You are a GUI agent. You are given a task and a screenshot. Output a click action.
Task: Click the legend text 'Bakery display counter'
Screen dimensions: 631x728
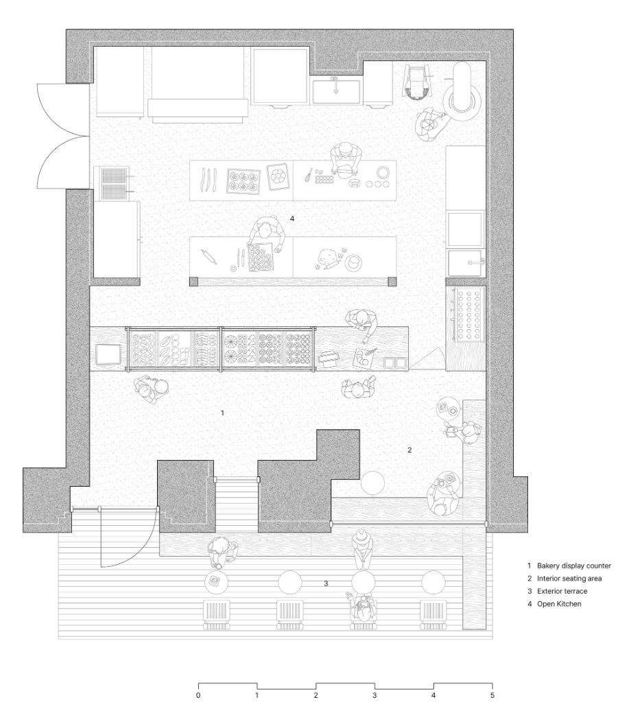574,566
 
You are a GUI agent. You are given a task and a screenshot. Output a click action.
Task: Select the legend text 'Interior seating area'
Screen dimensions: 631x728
569,579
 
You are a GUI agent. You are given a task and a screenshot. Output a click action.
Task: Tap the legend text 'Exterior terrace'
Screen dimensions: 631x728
562,591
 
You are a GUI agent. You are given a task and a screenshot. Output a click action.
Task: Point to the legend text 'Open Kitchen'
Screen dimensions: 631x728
559,604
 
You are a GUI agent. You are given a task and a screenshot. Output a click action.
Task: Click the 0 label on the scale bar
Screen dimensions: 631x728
198,695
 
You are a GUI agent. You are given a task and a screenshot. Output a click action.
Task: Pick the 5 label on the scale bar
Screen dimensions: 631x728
492,695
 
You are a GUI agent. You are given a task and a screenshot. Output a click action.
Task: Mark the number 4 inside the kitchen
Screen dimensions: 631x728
291,218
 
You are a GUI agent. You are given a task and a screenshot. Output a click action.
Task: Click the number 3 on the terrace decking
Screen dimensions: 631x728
326,583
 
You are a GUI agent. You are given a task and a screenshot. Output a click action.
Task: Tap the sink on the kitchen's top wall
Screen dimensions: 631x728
335,91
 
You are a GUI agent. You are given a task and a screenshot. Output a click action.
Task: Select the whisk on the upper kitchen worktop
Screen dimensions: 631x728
309,175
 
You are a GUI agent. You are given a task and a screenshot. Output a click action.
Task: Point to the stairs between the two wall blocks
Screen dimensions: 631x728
237,505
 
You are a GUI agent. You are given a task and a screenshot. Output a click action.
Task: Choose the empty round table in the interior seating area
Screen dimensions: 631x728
373,483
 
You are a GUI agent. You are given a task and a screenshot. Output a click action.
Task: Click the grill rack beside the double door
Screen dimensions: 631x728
114,183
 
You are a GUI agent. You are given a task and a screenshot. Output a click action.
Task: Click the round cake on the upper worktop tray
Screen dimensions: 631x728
279,175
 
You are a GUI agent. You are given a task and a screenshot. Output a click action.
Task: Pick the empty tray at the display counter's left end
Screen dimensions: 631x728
108,354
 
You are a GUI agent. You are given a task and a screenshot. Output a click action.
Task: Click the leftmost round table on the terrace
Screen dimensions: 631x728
216,582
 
